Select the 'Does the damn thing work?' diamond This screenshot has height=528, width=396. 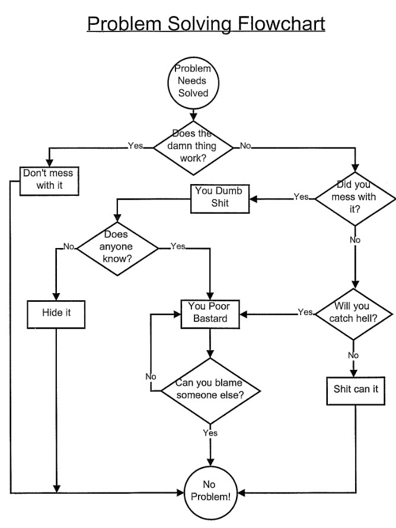(193, 146)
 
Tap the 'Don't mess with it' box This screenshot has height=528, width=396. (50, 180)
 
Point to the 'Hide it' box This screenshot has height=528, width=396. (56, 312)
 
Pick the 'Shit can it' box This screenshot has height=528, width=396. (355, 389)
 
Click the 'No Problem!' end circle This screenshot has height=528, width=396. (210, 491)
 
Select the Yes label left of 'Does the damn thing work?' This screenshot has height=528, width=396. (135, 146)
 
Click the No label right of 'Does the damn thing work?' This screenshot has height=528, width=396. (245, 146)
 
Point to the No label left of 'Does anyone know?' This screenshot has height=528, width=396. (69, 247)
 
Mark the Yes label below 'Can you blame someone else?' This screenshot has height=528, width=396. (210, 433)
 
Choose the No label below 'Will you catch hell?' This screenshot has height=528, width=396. (354, 355)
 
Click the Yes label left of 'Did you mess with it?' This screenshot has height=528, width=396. (301, 197)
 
